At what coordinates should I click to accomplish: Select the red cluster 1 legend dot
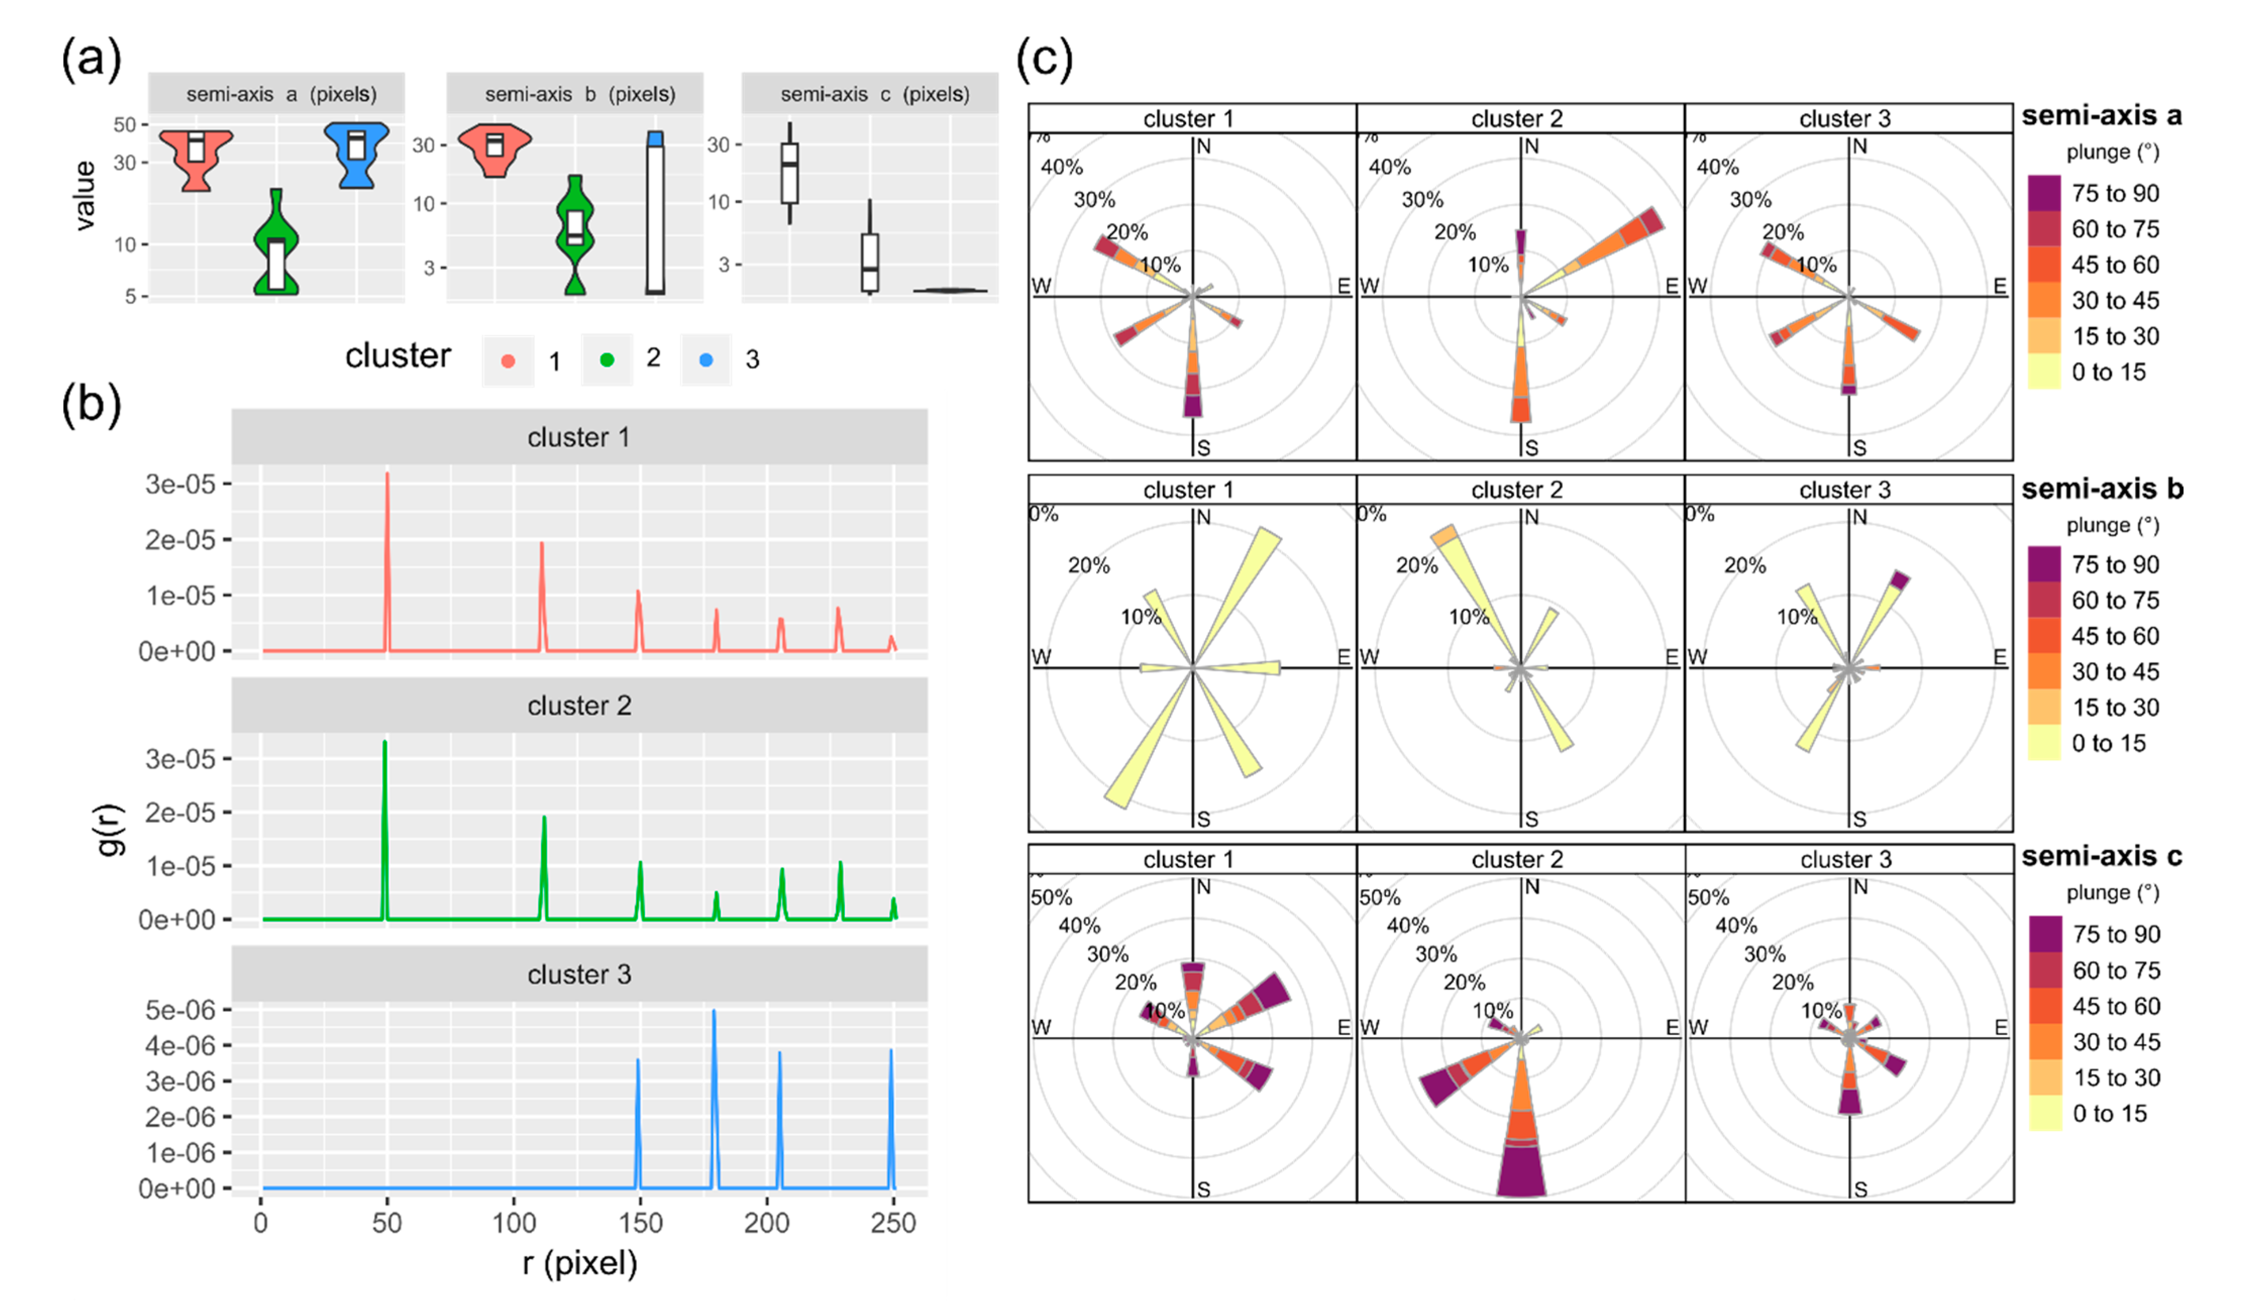coord(508,361)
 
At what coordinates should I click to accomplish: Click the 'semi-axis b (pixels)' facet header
coord(579,94)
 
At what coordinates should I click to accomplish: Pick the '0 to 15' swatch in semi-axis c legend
coord(2045,1113)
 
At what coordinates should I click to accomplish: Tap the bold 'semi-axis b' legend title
coord(2101,489)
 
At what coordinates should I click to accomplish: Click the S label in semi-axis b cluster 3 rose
coord(1859,819)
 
